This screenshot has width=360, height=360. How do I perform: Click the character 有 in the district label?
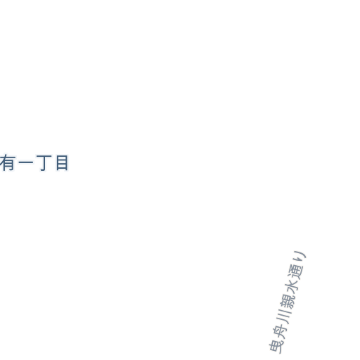(x=8, y=162)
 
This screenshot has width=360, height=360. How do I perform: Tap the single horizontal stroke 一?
(x=26, y=162)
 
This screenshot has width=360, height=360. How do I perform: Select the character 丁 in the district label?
(x=44, y=163)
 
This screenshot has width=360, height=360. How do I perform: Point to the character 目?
(x=62, y=162)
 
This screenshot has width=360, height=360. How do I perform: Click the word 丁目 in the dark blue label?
(x=52, y=163)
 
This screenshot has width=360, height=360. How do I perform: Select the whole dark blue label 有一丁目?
(x=34, y=163)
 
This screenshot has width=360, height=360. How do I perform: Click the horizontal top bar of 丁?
(x=44, y=156)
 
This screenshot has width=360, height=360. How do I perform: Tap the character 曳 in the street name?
(x=276, y=346)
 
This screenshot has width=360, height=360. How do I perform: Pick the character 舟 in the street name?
(x=279, y=331)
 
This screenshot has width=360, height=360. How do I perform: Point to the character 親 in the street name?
(x=287, y=302)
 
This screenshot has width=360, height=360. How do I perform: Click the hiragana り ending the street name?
(x=299, y=257)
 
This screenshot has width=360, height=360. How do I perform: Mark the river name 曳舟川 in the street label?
(x=280, y=331)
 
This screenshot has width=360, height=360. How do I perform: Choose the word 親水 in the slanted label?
(x=289, y=294)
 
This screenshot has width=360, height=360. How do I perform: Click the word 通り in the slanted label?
(x=297, y=265)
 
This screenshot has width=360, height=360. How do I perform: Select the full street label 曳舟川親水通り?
(x=288, y=302)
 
